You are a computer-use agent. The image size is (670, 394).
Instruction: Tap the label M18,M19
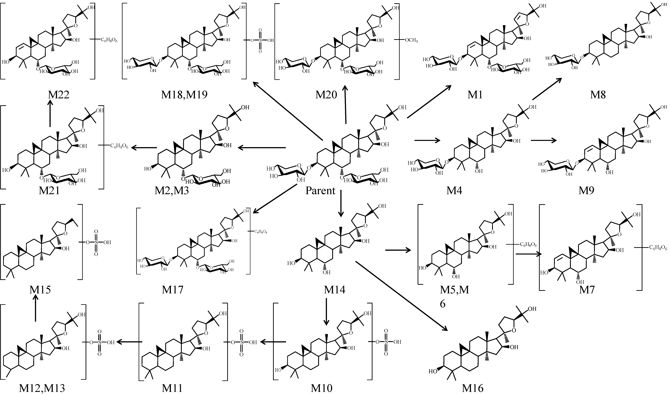tap(184, 94)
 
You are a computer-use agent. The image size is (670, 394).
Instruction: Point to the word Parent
tap(320, 190)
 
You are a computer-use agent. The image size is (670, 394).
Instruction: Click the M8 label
tap(598, 94)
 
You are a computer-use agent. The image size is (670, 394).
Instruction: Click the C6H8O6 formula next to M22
tap(109, 40)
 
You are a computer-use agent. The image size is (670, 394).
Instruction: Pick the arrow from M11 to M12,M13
tap(129, 342)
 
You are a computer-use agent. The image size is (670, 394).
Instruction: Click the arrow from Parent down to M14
tap(341, 203)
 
